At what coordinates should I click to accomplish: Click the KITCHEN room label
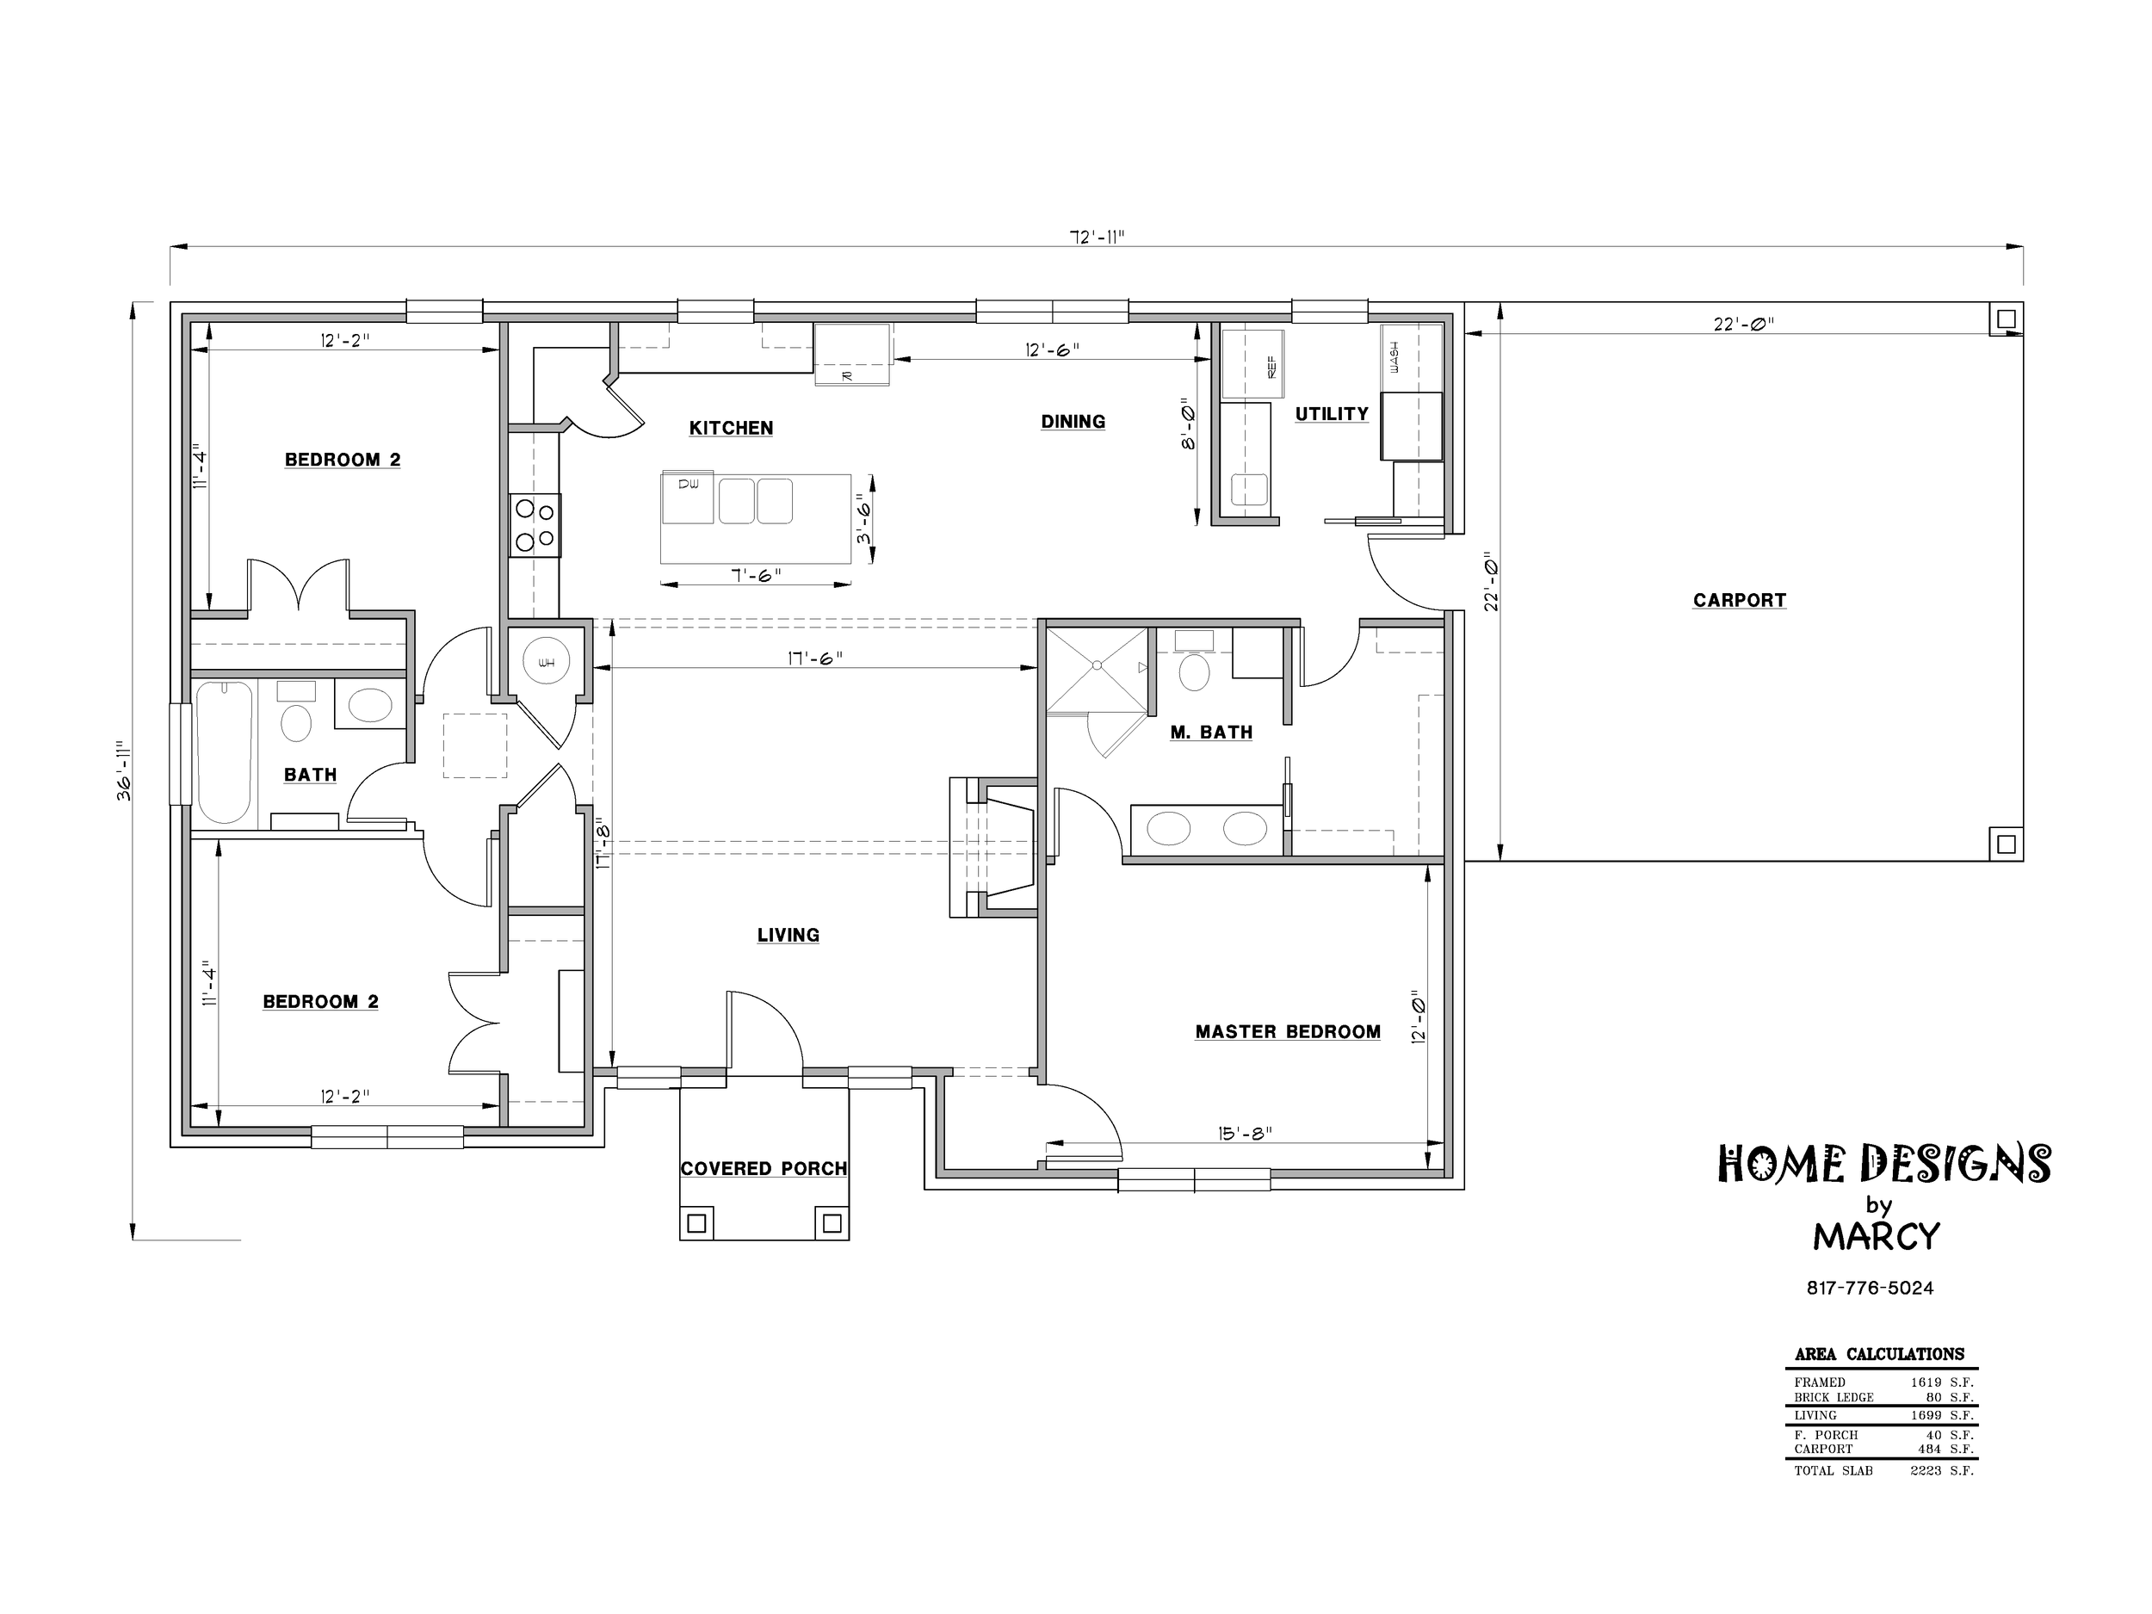tap(731, 428)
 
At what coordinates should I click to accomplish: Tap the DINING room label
tap(1073, 421)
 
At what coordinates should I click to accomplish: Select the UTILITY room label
tap(1332, 413)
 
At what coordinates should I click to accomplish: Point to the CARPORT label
tap(1740, 600)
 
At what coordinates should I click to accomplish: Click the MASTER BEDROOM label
tap(1288, 1031)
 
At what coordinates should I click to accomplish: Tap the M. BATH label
tap(1211, 732)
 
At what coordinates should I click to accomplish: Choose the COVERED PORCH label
tap(764, 1168)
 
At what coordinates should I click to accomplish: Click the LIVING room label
tap(788, 935)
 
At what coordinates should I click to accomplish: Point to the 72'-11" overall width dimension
tap(1098, 237)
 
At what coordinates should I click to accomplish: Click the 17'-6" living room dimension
tap(815, 658)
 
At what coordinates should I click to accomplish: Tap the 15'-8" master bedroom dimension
tap(1246, 1133)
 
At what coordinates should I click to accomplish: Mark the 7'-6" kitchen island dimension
tap(756, 575)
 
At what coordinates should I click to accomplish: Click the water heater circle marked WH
tap(546, 663)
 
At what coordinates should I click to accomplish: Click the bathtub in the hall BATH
tap(225, 752)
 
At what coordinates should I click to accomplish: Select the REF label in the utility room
tap(1271, 366)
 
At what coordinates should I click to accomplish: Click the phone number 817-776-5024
tap(1870, 1288)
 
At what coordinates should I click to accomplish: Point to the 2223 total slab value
tap(1926, 1470)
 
